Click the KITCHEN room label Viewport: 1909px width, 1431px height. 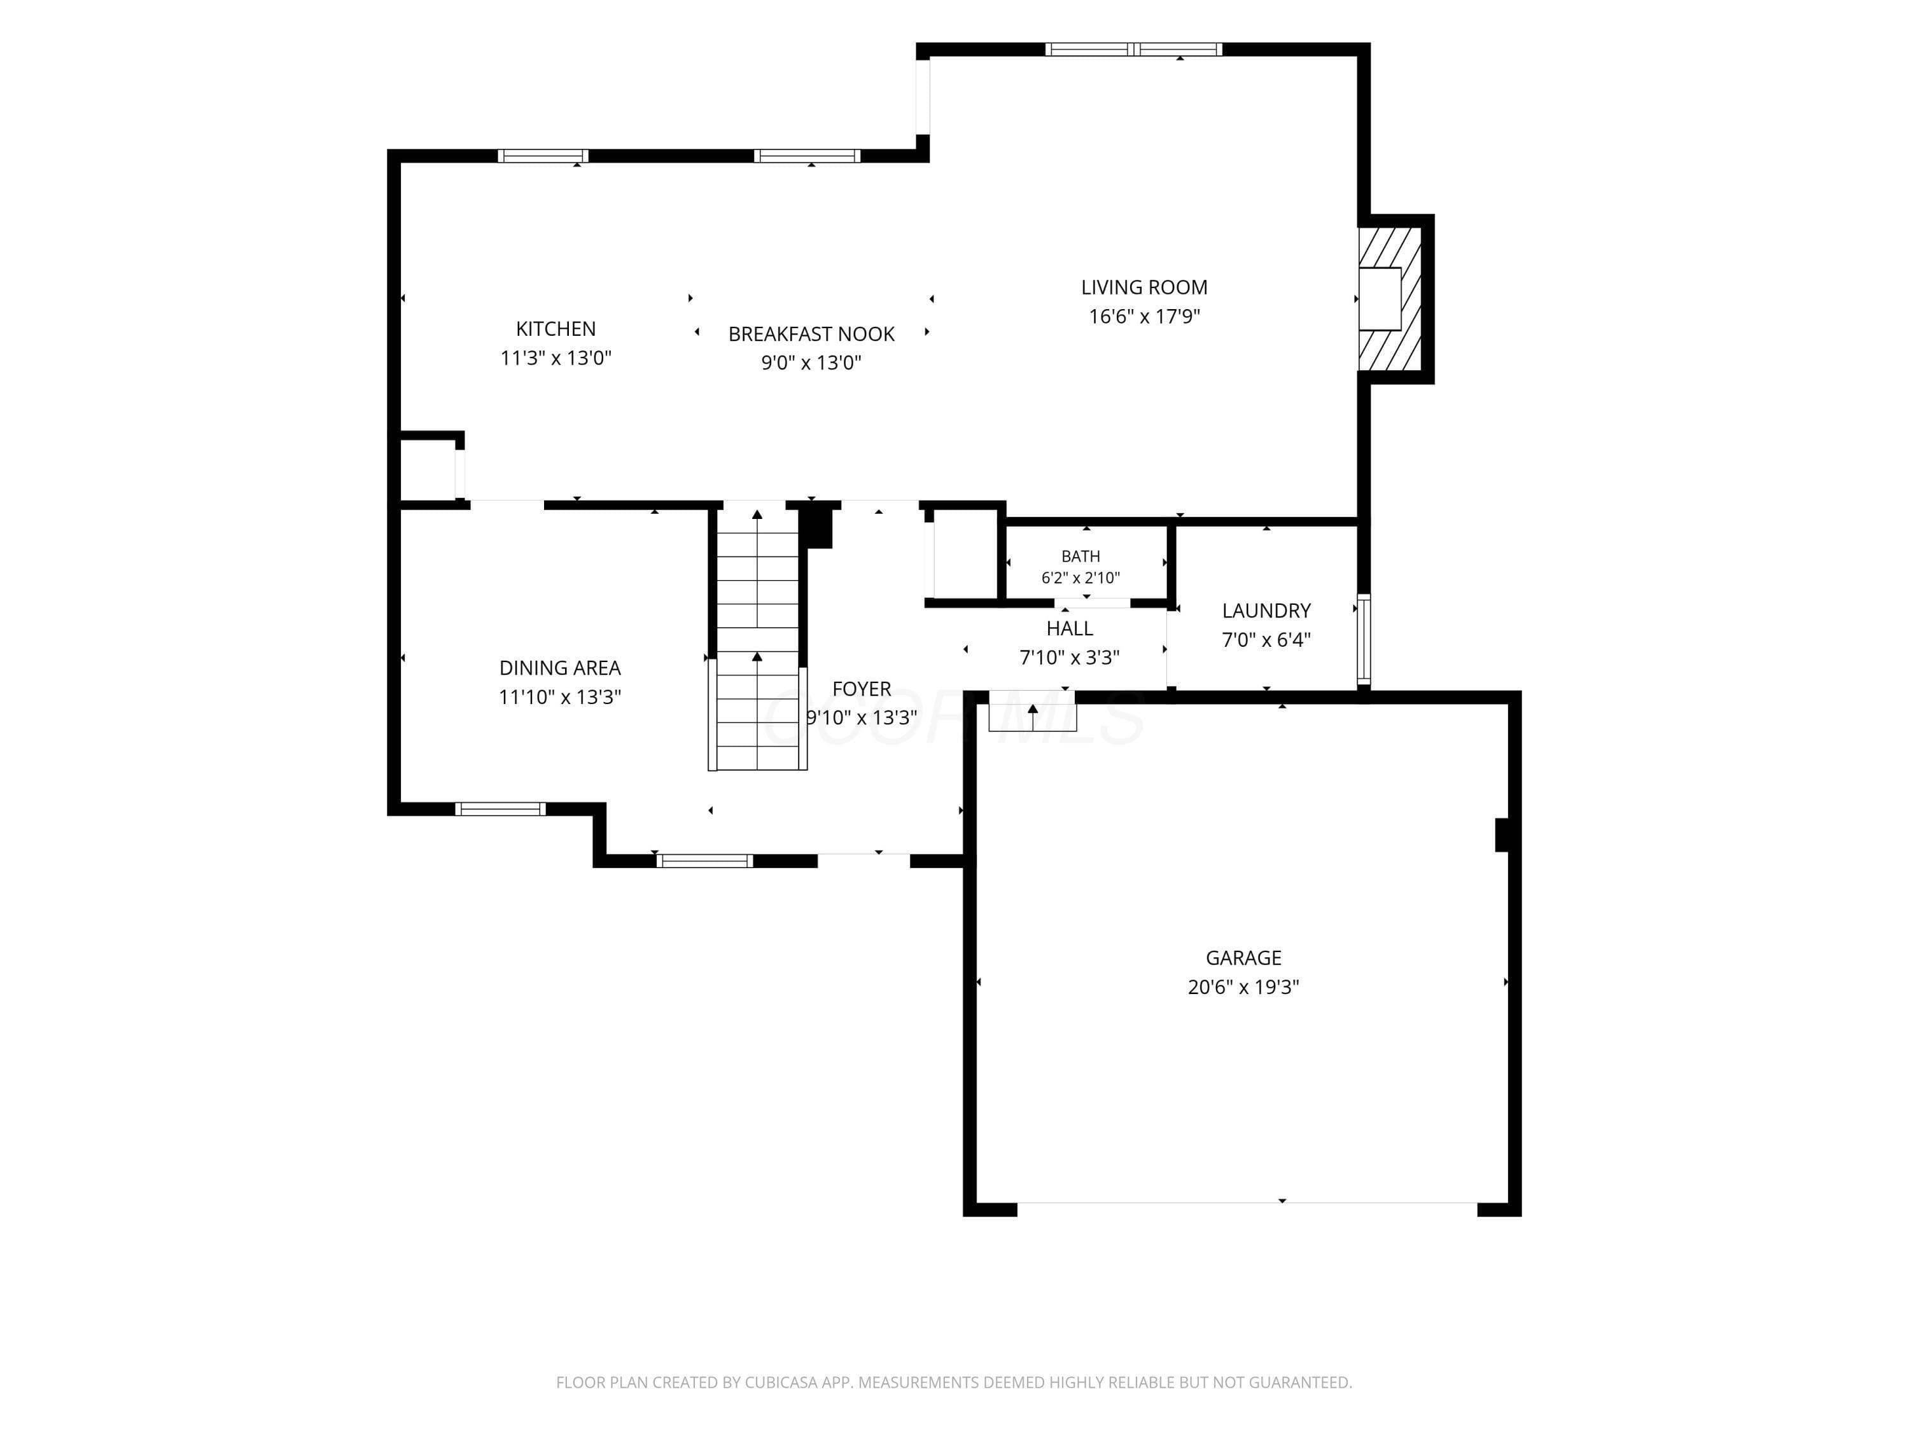[556, 329]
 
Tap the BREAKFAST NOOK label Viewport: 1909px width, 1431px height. [811, 334]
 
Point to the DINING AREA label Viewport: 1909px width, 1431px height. [560, 668]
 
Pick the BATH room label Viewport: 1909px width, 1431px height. [1080, 556]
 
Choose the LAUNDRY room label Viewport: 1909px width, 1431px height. [1266, 611]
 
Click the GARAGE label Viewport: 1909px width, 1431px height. [1243, 957]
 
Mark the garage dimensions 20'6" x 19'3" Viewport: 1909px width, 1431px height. [1243, 987]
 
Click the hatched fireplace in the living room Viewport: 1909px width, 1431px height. [1390, 298]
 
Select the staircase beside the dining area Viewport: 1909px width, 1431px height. [758, 637]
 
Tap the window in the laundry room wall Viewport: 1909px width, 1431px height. [1364, 639]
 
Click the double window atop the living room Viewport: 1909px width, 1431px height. [1133, 49]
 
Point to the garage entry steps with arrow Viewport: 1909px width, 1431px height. [1032, 712]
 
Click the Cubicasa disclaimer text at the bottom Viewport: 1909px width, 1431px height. [954, 1382]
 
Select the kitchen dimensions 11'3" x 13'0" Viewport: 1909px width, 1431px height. [556, 358]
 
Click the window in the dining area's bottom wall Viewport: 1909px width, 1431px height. [501, 809]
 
